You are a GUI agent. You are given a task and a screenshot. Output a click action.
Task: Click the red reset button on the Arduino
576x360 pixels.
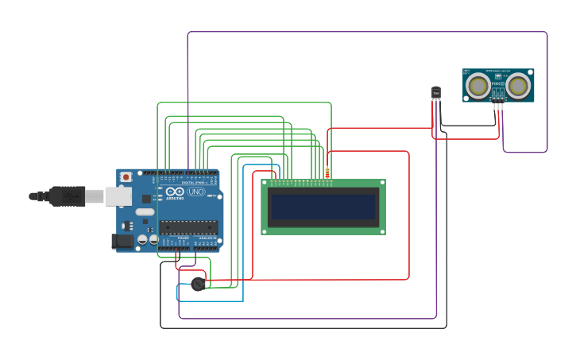click(x=126, y=177)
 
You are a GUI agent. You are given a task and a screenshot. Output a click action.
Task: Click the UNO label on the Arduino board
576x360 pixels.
click(x=195, y=192)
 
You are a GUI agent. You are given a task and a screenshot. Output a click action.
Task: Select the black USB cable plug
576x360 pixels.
click(x=67, y=195)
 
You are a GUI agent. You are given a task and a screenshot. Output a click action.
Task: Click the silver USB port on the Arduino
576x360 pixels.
click(x=118, y=195)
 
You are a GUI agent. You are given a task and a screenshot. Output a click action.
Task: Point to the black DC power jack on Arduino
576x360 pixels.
click(x=123, y=240)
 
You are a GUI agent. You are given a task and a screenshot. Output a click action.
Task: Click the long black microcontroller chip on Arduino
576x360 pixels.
click(x=188, y=227)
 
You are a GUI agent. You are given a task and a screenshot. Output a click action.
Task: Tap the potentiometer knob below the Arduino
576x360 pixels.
click(x=198, y=284)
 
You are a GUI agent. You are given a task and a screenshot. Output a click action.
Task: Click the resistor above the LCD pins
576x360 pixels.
click(x=327, y=172)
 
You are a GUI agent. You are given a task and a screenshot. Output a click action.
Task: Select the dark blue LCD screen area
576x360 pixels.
click(x=323, y=207)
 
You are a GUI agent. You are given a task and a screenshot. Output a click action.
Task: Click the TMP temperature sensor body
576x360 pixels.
click(x=435, y=94)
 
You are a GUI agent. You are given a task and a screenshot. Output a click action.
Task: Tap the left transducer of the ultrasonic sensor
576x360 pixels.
click(x=478, y=84)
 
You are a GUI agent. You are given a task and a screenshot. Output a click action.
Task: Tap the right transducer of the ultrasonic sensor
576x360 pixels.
click(x=518, y=84)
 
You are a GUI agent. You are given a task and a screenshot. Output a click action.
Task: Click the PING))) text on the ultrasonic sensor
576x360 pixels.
click(x=497, y=83)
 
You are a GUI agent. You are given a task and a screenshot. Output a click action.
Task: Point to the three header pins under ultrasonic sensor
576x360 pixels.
click(x=497, y=106)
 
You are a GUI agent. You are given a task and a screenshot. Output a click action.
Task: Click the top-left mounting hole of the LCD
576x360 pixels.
click(x=265, y=184)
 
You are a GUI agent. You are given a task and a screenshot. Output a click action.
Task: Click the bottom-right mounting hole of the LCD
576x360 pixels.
click(x=381, y=230)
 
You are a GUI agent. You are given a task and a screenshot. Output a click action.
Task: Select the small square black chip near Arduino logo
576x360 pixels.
click(x=146, y=199)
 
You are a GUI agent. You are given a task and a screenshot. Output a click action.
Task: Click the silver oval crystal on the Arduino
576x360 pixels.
click(x=145, y=212)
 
